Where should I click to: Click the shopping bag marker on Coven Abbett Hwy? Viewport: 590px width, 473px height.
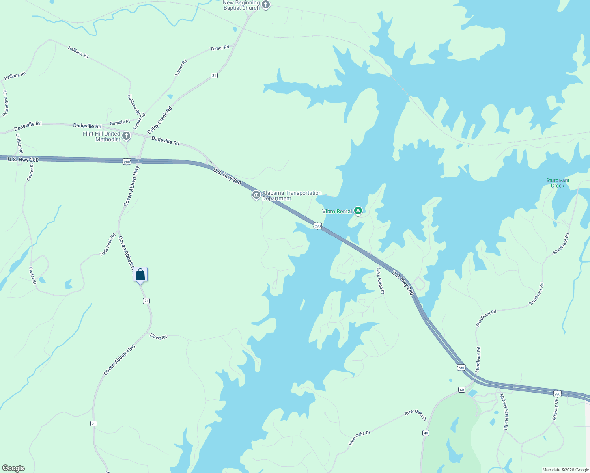click(x=140, y=274)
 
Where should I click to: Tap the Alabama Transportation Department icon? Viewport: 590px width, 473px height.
click(x=256, y=195)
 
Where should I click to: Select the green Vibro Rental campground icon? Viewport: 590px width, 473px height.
click(x=358, y=211)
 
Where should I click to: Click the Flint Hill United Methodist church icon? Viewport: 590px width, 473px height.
click(x=126, y=136)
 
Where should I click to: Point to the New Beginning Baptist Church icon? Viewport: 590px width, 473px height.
click(x=266, y=5)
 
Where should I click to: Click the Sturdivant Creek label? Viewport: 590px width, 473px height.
click(x=558, y=183)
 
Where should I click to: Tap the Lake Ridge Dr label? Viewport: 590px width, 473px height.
click(x=380, y=281)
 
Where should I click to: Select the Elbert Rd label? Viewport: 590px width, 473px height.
click(x=158, y=337)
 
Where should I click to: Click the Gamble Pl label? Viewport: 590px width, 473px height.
click(x=119, y=123)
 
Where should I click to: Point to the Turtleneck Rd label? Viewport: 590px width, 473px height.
click(x=108, y=245)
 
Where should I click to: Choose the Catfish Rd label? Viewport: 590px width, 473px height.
click(x=19, y=143)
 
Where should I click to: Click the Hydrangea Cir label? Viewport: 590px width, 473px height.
click(x=5, y=104)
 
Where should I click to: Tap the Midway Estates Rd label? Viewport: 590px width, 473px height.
click(x=504, y=412)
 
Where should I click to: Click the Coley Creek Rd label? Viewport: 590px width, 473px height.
click(x=160, y=120)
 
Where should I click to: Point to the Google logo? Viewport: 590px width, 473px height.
click(x=13, y=468)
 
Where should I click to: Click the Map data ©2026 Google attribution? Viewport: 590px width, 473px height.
click(x=566, y=470)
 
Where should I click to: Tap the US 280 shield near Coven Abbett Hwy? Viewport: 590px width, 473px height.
click(x=126, y=162)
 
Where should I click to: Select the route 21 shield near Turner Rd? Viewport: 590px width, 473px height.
click(x=214, y=75)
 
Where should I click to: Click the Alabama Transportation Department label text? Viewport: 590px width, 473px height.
click(x=292, y=196)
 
